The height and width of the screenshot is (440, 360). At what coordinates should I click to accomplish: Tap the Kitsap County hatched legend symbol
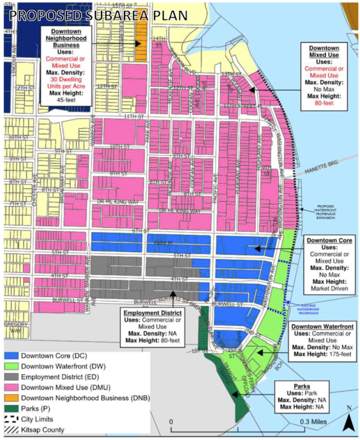coord(12,429)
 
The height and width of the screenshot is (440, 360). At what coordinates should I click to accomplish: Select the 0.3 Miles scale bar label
coord(313,422)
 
